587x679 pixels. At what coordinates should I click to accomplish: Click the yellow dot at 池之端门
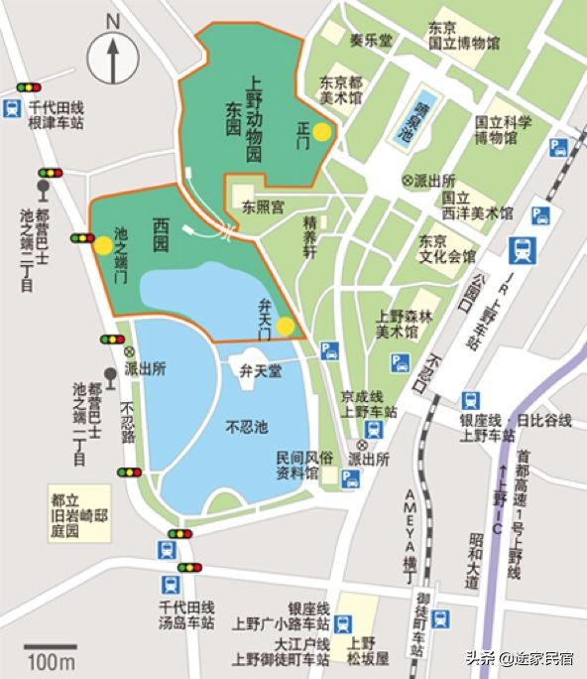(103, 244)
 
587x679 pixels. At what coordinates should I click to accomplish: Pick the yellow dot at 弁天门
(285, 326)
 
